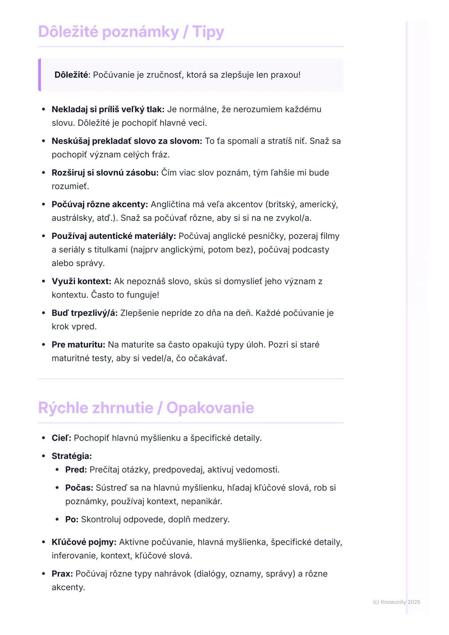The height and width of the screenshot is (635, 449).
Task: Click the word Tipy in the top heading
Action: click(x=208, y=32)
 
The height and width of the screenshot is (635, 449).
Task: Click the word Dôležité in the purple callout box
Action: click(x=71, y=75)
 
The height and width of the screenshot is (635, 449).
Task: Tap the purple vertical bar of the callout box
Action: click(x=39, y=75)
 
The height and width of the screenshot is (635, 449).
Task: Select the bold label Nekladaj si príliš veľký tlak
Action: click(x=108, y=109)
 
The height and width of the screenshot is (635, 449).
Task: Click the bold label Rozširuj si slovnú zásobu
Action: click(x=105, y=172)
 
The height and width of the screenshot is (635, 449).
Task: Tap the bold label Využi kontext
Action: click(x=81, y=281)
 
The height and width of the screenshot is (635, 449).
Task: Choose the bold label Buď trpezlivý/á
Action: click(x=84, y=313)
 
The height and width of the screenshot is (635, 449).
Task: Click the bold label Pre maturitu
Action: click(x=78, y=345)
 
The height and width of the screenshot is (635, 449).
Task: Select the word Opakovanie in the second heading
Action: click(x=210, y=408)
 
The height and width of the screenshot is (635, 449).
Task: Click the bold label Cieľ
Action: click(x=61, y=438)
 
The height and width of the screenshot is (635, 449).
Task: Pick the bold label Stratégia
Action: click(x=72, y=456)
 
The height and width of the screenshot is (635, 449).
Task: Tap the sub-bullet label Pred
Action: click(x=76, y=470)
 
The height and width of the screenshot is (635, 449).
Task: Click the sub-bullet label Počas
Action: click(x=79, y=487)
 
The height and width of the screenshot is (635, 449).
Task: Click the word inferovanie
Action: click(x=73, y=556)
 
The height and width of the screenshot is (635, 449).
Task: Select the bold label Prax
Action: click(x=62, y=573)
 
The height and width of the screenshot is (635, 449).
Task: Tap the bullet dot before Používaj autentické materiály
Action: click(x=44, y=236)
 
